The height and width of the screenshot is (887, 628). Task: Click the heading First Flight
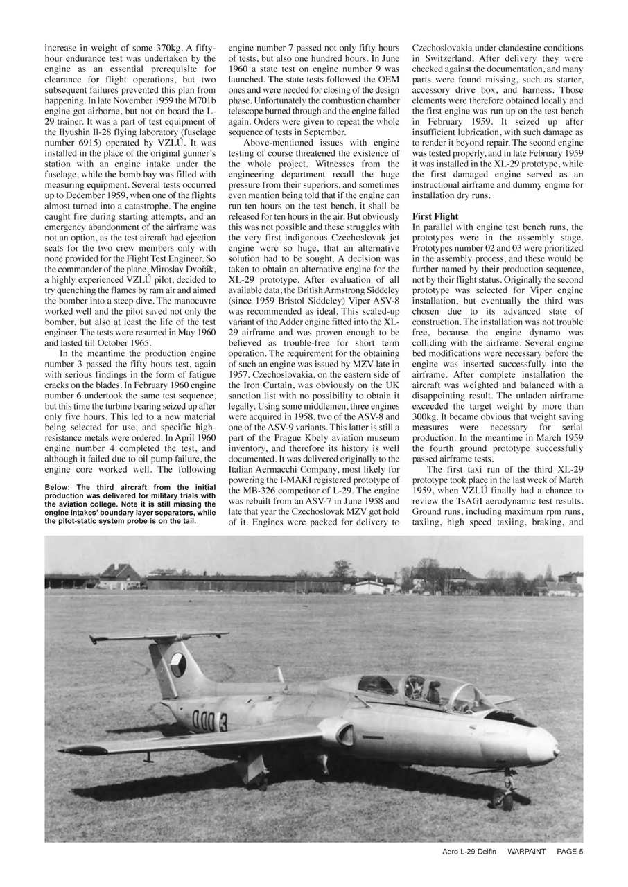[x=435, y=217]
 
